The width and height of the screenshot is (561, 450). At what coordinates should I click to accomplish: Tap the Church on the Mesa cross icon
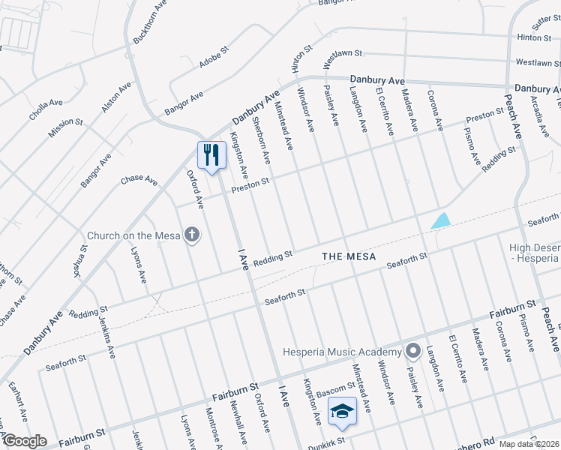coord(193,235)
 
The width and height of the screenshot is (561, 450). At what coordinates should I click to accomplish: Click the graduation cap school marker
coord(342,410)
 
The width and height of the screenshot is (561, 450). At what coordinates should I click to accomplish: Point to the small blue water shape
coord(442,221)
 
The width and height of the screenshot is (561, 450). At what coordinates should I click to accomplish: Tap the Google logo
coord(24,441)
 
